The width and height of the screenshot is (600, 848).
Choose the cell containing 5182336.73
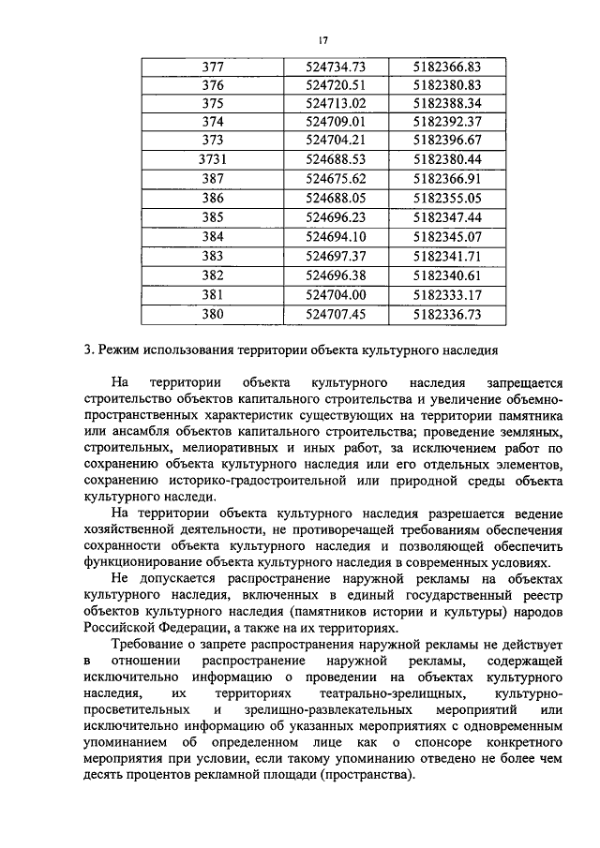446,315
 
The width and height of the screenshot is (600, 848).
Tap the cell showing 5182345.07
446,235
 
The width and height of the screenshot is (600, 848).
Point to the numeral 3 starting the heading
86,350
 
